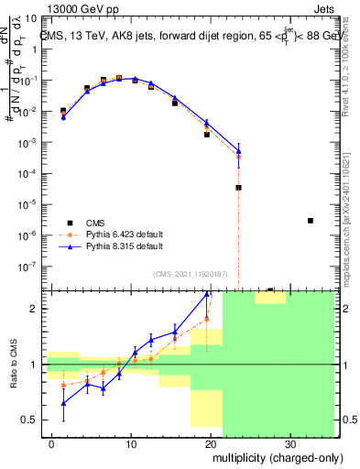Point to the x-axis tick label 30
[289, 442]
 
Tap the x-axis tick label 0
[52, 442]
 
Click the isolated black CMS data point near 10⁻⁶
[311, 221]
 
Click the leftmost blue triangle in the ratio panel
[63, 403]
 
